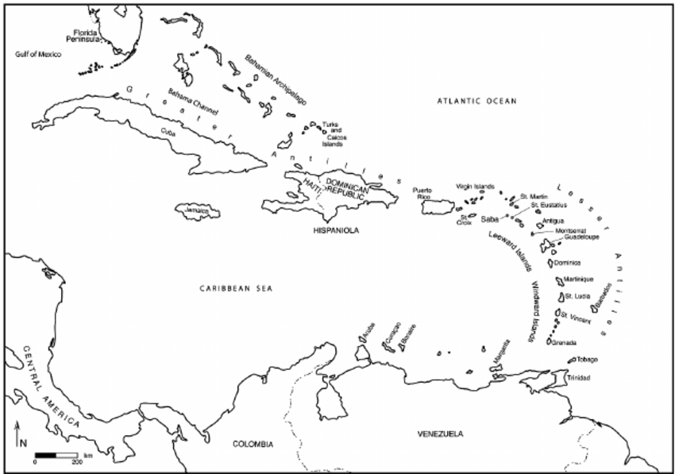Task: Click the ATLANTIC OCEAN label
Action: pyautogui.click(x=477, y=101)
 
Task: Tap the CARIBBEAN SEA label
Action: pyautogui.click(x=236, y=289)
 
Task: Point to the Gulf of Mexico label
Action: pyautogui.click(x=37, y=54)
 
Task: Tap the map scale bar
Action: pyautogui.click(x=56, y=454)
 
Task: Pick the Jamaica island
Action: pyautogui.click(x=196, y=210)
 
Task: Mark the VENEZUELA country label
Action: pyautogui.click(x=440, y=434)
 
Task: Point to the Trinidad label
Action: pyautogui.click(x=579, y=377)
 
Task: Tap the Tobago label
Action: pyautogui.click(x=587, y=360)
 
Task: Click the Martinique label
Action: pyautogui.click(x=579, y=279)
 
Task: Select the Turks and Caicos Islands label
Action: pyautogui.click(x=332, y=134)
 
